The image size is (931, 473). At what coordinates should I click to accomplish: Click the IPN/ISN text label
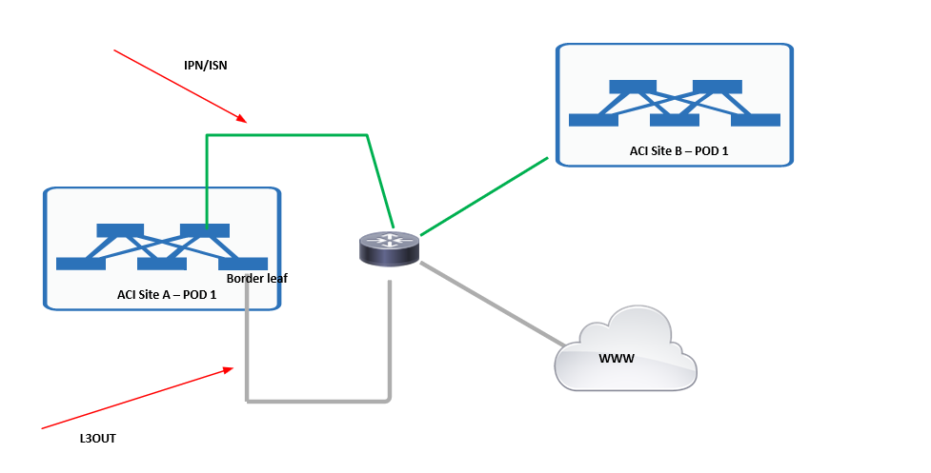tap(205, 66)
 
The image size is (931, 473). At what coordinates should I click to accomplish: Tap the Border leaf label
tap(256, 279)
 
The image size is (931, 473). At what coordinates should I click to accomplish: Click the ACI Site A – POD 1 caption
tap(167, 294)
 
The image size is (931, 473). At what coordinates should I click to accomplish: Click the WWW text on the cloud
tap(616, 359)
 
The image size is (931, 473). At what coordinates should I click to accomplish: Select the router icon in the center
tap(389, 248)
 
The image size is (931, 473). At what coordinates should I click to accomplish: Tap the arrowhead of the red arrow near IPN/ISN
tap(243, 120)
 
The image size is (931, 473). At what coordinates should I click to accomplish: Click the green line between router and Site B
tap(484, 197)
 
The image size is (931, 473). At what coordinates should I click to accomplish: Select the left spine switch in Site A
tap(120, 230)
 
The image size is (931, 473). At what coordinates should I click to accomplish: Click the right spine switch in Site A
tap(205, 230)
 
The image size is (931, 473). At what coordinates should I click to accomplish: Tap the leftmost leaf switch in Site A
tap(81, 264)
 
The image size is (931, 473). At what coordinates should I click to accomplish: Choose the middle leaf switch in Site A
tap(162, 264)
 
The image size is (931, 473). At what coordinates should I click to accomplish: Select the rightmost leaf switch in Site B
tap(756, 120)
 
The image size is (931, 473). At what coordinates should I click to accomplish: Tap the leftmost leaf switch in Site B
tap(594, 120)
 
